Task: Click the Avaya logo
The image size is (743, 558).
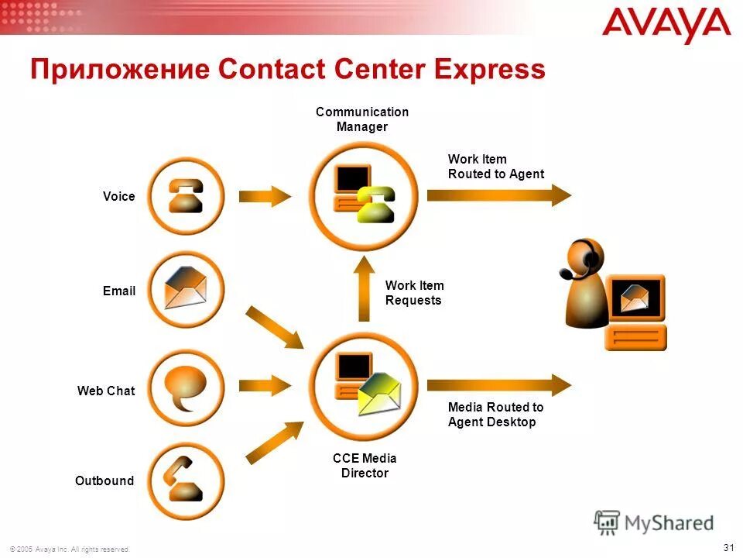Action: (666, 26)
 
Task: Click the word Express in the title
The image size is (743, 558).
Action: (488, 70)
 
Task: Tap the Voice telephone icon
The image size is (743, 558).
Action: (186, 196)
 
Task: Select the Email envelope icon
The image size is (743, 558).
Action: (186, 290)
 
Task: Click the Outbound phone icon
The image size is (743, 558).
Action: (186, 480)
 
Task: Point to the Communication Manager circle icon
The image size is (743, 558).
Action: (363, 194)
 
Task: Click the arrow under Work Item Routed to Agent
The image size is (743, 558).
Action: (498, 194)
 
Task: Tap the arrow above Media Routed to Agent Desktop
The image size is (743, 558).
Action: (498, 384)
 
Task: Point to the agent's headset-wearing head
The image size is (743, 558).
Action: (585, 260)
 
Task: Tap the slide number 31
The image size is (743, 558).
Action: (728, 547)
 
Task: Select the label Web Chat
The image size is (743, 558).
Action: (105, 391)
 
